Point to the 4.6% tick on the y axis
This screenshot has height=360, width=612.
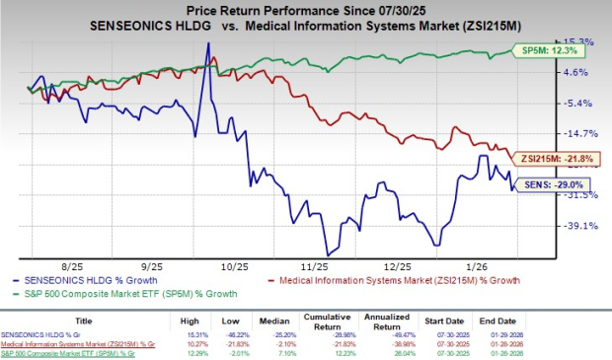pos(578,72)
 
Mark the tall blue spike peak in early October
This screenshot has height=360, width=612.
pos(207,43)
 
